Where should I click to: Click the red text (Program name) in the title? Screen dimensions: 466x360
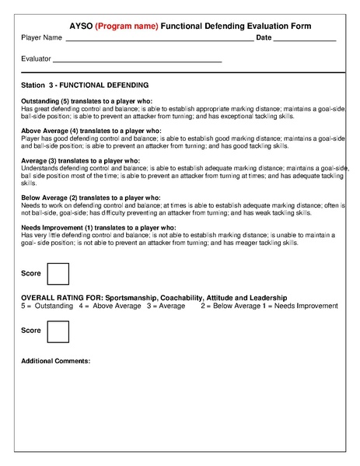point(126,26)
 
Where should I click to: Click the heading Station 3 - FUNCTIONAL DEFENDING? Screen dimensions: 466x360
point(85,84)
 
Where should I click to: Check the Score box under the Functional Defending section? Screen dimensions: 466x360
point(58,275)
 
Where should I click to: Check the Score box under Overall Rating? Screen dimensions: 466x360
point(58,331)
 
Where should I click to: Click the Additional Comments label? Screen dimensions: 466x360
point(56,361)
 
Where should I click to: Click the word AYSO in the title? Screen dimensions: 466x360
point(80,26)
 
